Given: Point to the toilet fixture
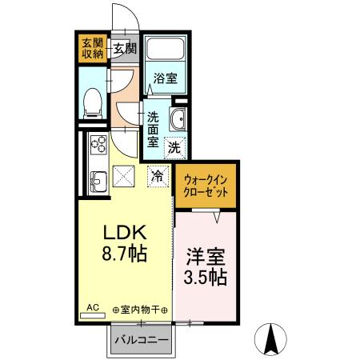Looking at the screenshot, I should tap(92, 101).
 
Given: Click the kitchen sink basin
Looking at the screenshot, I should tap(98, 181).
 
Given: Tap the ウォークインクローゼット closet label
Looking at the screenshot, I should tap(206, 186).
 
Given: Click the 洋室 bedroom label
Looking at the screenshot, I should tap(206, 258).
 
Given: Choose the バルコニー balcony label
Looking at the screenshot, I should tap(141, 339).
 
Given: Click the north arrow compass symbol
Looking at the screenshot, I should tap(271, 339).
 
